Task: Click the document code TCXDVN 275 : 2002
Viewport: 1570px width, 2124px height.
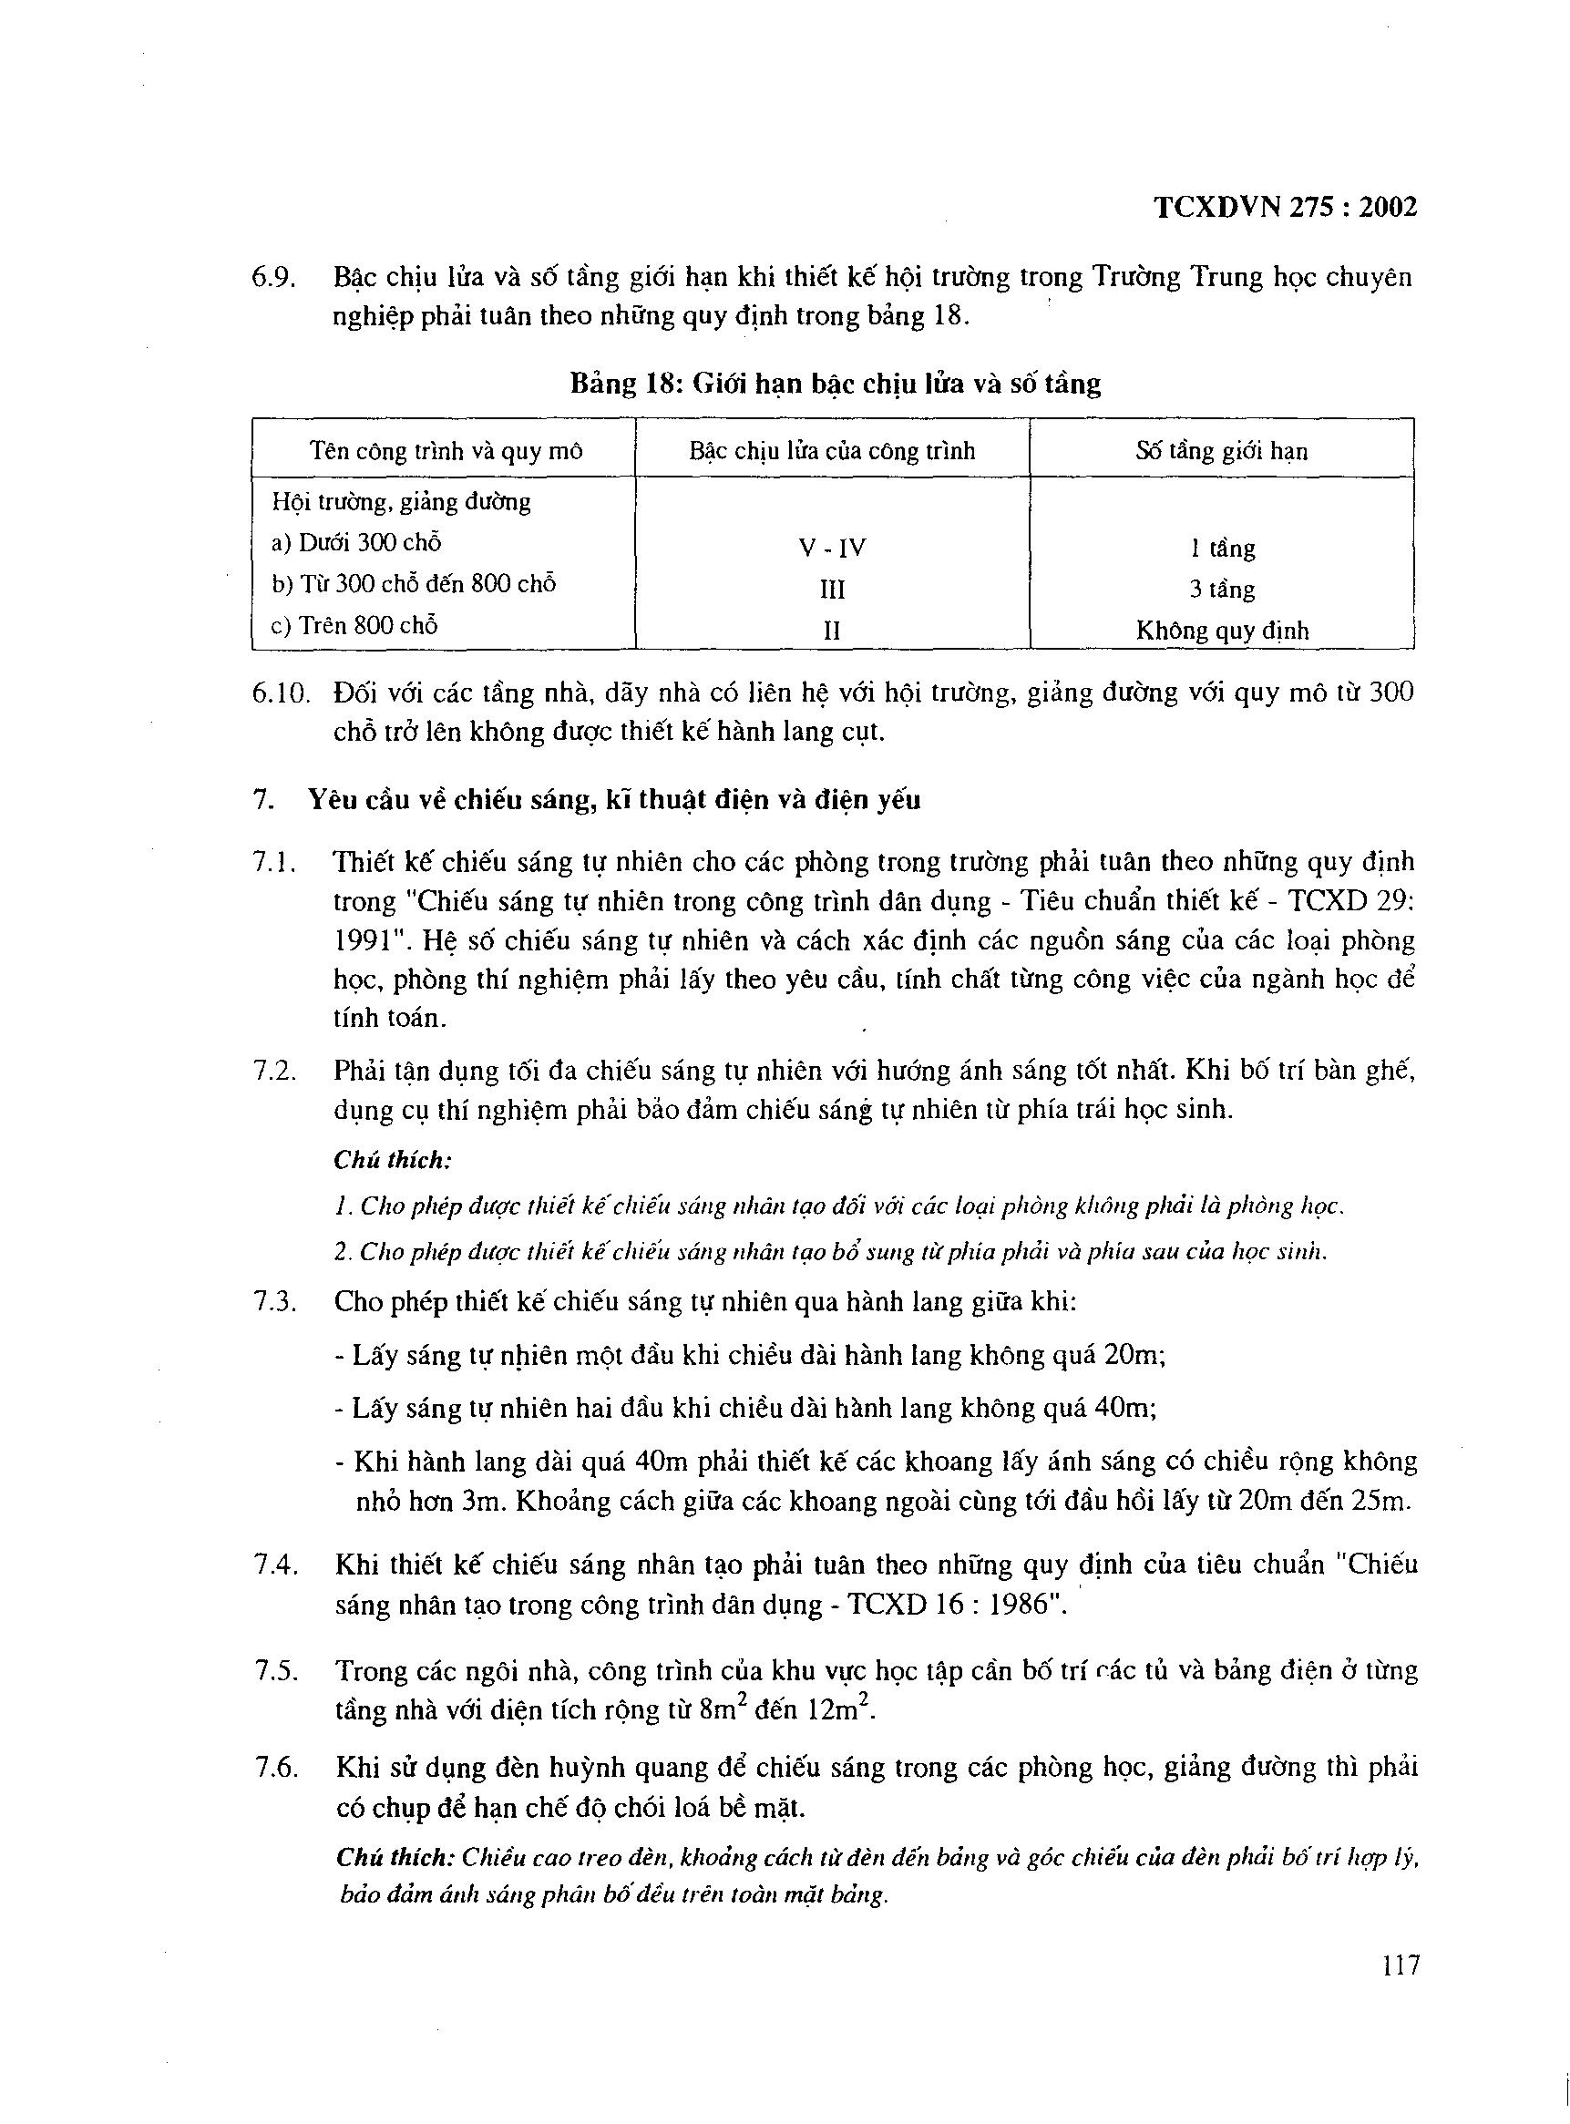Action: [1285, 207]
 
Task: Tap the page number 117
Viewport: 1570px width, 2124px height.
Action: [1400, 1964]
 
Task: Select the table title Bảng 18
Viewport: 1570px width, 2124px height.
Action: [835, 384]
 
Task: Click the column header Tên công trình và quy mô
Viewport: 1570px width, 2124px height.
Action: [446, 449]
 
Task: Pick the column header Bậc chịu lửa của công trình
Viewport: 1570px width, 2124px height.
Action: [833, 449]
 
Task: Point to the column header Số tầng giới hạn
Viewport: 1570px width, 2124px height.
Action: [1221, 449]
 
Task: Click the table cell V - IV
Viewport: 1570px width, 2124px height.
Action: [833, 549]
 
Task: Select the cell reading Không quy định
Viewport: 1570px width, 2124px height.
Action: [1222, 630]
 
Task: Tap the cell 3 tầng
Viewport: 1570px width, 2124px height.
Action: [1222, 590]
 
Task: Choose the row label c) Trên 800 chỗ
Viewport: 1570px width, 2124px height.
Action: [354, 625]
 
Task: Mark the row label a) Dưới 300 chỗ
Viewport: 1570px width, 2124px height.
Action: [356, 543]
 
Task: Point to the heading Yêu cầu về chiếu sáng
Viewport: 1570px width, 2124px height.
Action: [614, 799]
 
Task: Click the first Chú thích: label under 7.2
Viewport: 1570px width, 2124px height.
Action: [393, 1159]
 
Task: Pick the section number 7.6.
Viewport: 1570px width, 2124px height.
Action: [277, 1768]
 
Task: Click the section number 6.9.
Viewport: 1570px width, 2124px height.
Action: [274, 278]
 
